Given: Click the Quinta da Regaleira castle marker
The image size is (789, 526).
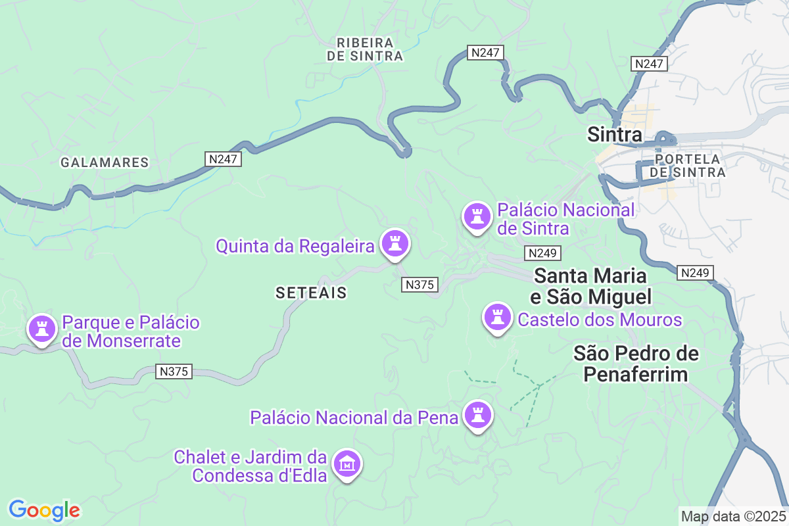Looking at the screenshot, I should point(394,243).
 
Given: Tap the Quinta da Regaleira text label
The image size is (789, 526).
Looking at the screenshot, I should point(295,247).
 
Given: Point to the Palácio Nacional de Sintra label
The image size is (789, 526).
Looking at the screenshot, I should point(565,220).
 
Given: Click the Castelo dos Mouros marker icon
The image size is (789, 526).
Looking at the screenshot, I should point(498,318).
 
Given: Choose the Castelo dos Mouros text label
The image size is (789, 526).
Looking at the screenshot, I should point(600,320).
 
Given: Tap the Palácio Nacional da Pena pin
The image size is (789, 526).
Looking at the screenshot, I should point(478,415).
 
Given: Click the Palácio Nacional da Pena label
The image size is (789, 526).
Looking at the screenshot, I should point(354,418).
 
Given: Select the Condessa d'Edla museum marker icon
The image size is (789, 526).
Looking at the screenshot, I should point(347,464).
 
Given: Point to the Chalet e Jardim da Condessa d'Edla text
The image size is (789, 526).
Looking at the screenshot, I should point(251,466).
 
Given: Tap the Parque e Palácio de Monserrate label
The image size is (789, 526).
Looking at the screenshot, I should point(130,332).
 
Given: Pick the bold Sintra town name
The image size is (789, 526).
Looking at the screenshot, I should point(614,135).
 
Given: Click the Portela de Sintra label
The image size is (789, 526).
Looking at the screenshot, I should point(687,166).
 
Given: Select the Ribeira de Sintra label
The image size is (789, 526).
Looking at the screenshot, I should point(365,49).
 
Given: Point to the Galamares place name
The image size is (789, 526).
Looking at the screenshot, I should point(105,162).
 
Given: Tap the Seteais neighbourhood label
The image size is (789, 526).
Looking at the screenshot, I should point(311,293).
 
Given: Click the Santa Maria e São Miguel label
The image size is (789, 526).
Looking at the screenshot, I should point(590,286).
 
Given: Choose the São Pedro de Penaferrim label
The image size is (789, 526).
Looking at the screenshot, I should point(636,364).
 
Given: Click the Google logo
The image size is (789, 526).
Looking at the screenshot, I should point(44,510).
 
